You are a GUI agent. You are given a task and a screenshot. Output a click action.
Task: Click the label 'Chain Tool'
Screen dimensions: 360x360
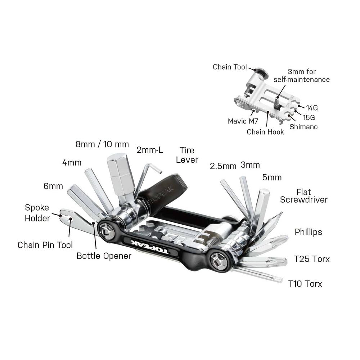point(230,67)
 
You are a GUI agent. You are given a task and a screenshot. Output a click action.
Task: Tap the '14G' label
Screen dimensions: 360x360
point(312,108)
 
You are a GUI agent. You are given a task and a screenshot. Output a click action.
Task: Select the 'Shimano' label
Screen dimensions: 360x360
point(303,126)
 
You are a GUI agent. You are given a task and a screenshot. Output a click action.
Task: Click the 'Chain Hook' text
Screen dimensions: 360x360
point(265,132)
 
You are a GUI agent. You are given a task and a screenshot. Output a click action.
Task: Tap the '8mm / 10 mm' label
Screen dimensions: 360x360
point(102,144)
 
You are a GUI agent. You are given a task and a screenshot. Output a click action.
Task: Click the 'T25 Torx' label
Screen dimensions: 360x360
point(311,259)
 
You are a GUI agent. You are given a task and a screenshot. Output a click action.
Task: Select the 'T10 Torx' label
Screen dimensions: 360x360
point(305,283)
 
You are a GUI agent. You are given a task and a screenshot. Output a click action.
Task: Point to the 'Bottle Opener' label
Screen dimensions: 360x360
point(104,256)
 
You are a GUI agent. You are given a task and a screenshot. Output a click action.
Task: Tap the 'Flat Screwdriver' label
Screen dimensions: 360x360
point(304,195)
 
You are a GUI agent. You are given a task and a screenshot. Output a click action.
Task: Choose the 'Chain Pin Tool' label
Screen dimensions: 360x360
point(45,245)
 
